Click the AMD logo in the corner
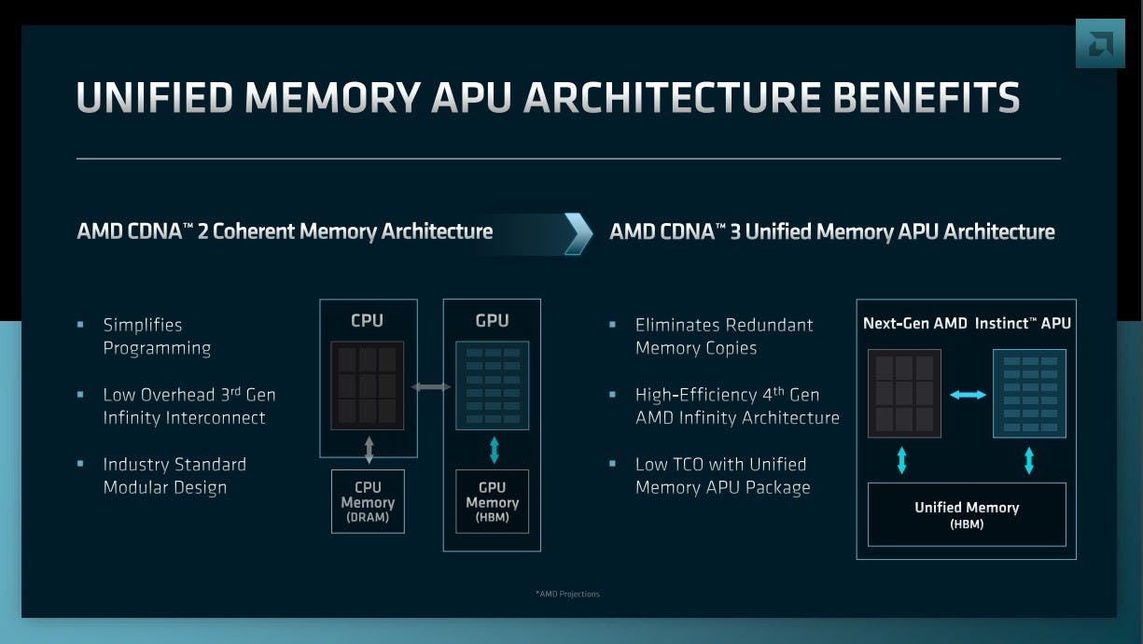click(1100, 43)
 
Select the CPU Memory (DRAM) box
click(368, 501)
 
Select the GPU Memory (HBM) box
click(492, 501)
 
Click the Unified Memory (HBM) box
click(967, 514)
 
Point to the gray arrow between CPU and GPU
click(430, 386)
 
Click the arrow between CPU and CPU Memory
click(369, 450)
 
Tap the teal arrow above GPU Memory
click(494, 450)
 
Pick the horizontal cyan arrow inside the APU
click(968, 395)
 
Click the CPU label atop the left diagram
click(368, 320)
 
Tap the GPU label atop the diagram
click(492, 320)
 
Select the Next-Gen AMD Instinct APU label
click(967, 324)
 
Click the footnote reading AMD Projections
click(567, 594)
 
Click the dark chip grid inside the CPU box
click(368, 385)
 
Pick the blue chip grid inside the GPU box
click(492, 385)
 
